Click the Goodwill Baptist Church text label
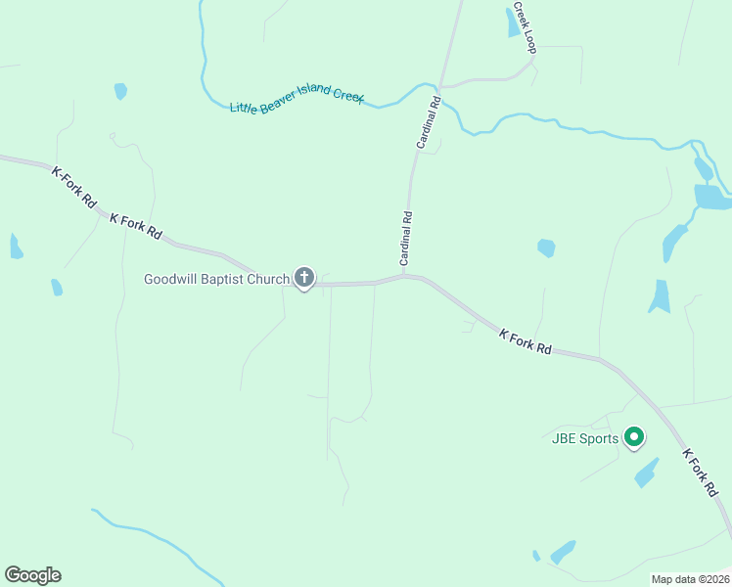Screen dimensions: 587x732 pyautogui.click(x=216, y=279)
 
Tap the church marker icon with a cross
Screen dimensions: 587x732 pyautogui.click(x=304, y=279)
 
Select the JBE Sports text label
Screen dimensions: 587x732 pyautogui.click(x=583, y=438)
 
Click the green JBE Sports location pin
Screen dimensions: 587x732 pyautogui.click(x=634, y=437)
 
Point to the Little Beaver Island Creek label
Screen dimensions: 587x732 pyautogui.click(x=297, y=102)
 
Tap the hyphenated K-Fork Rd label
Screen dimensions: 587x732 pyautogui.click(x=74, y=186)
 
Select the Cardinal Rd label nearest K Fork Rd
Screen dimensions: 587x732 pyautogui.click(x=406, y=240)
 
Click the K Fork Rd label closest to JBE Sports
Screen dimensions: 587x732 pyautogui.click(x=700, y=474)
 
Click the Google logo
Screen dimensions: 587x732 pyautogui.click(x=32, y=575)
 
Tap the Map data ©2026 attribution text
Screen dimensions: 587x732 pyautogui.click(x=689, y=579)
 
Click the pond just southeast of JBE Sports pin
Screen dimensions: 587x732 pyautogui.click(x=646, y=474)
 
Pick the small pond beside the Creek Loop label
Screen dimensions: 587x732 pyautogui.click(x=513, y=22)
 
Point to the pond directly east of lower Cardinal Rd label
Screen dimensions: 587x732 pyautogui.click(x=546, y=248)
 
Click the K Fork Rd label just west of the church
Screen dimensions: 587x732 pyautogui.click(x=136, y=227)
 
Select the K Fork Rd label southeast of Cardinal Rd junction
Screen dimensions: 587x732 pyautogui.click(x=526, y=341)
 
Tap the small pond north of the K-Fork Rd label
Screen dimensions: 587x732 pyautogui.click(x=120, y=91)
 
